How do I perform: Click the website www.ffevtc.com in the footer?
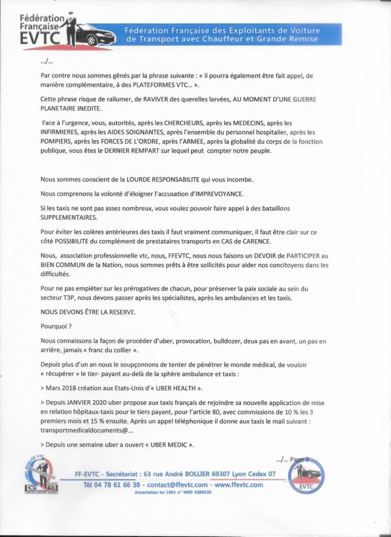pos(239,485)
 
